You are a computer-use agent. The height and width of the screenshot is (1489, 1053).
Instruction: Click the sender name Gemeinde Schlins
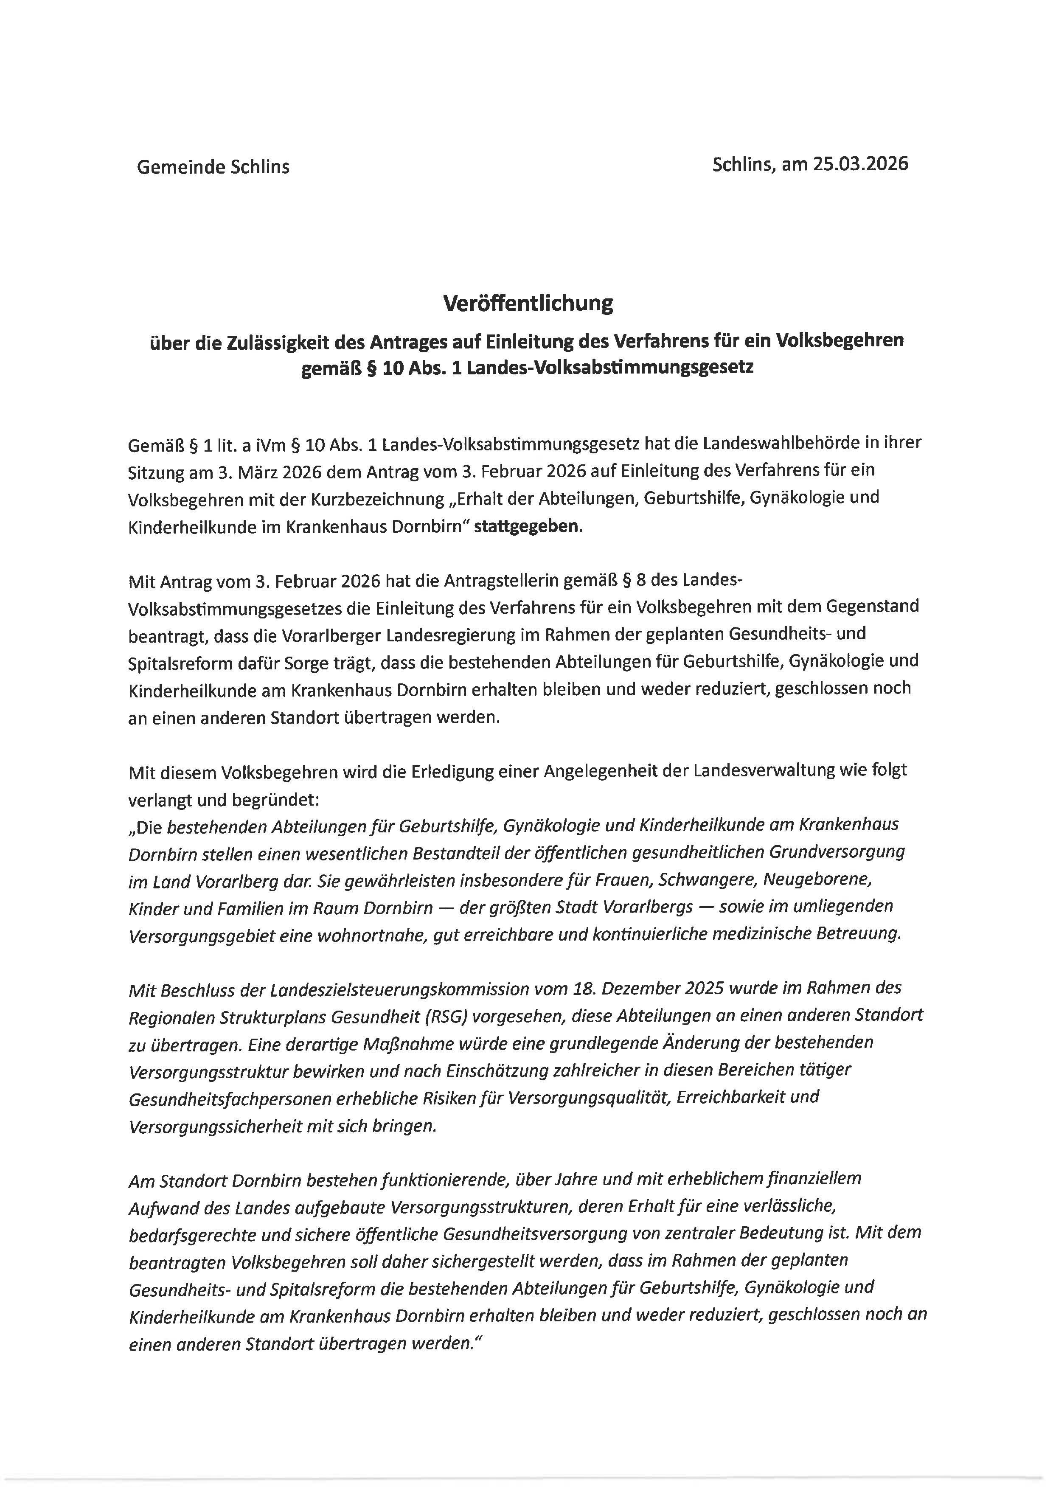click(x=213, y=167)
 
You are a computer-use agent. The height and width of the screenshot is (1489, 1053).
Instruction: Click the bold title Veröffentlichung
click(x=528, y=303)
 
